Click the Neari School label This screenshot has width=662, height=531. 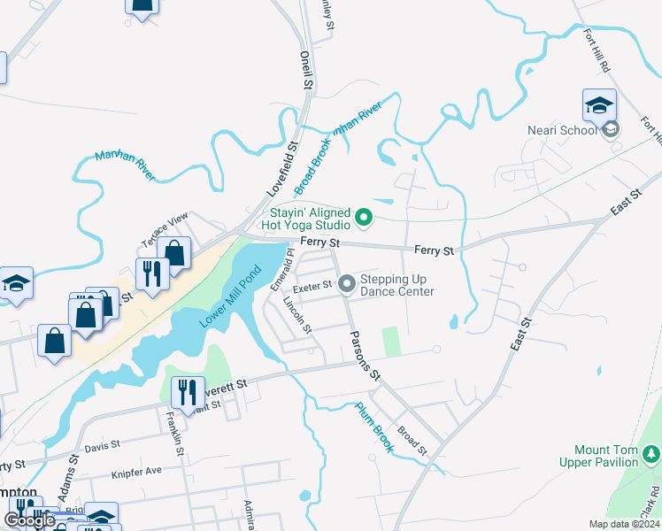(567, 131)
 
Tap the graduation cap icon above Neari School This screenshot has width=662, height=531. (599, 105)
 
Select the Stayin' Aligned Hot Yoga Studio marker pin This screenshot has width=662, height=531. (363, 216)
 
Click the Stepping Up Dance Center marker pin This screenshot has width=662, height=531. (347, 284)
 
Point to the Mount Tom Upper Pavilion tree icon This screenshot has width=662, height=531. (651, 455)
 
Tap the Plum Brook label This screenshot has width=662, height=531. (373, 427)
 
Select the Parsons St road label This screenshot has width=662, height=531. (365, 357)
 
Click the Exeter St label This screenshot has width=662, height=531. (312, 285)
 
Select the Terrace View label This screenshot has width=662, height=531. (165, 230)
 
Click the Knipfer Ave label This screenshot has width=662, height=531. (137, 473)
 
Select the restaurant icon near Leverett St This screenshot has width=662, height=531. (187, 391)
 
